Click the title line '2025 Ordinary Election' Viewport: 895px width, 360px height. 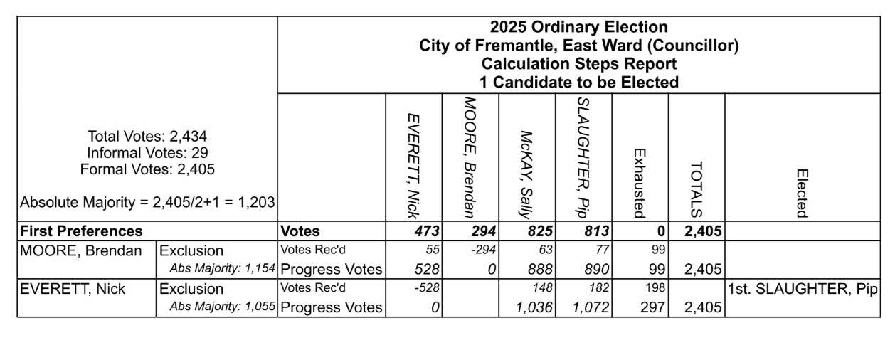[x=578, y=28]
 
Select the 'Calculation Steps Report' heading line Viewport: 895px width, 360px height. [x=578, y=64]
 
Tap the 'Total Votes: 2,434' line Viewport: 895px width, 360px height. [x=147, y=136]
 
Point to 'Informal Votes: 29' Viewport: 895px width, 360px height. [x=147, y=152]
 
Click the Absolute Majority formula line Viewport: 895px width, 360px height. [x=147, y=203]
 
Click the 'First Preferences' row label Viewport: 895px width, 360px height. [x=81, y=231]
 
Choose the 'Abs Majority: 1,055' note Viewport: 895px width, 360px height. [x=223, y=308]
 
